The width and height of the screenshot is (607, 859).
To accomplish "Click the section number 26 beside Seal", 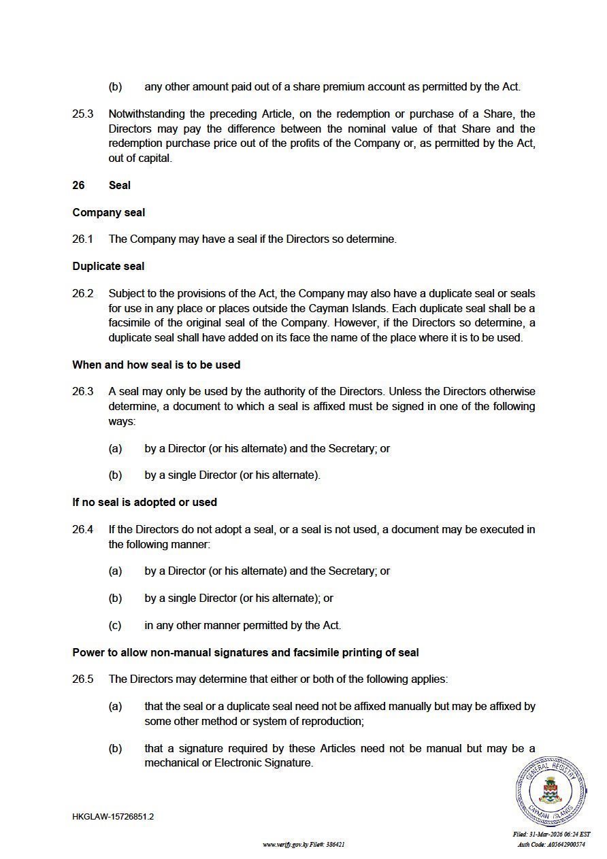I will click(x=79, y=185).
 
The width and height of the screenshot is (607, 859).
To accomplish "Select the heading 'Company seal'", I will click(x=109, y=212).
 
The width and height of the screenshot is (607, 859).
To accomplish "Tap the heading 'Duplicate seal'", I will click(x=108, y=266).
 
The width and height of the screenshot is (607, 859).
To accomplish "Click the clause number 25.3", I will click(x=82, y=114).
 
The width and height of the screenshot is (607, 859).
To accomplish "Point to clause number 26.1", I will click(x=82, y=239).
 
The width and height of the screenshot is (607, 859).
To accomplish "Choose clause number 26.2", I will click(x=82, y=293).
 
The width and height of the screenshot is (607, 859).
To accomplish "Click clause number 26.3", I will click(x=82, y=391).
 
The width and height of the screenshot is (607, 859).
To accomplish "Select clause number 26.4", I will click(x=82, y=528).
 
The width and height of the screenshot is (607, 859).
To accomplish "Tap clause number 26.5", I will click(x=82, y=679).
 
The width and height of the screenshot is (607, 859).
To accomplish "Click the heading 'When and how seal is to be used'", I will click(x=156, y=365).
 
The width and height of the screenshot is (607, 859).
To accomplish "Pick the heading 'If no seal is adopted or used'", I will click(x=144, y=502).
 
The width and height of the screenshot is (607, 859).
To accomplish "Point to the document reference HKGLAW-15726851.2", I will click(x=113, y=816).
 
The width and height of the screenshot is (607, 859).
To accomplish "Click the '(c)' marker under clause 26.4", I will click(x=115, y=625).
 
